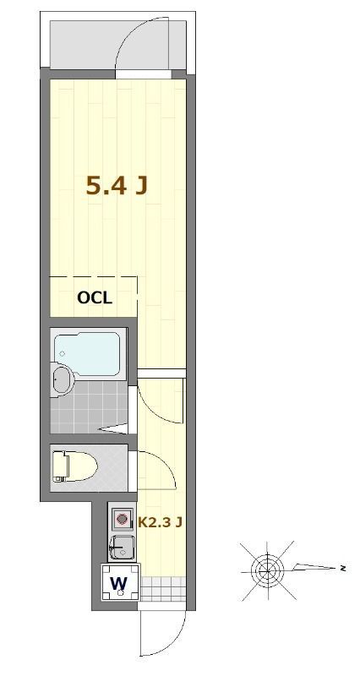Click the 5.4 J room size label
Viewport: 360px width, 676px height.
click(x=117, y=186)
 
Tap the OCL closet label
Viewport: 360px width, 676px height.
click(x=95, y=298)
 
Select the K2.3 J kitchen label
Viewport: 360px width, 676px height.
click(x=161, y=522)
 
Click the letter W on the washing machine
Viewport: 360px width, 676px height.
click(x=119, y=583)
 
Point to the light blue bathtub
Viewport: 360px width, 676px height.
click(x=88, y=353)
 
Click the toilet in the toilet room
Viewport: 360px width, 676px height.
click(x=74, y=466)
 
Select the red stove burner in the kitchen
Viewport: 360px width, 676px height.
click(x=123, y=519)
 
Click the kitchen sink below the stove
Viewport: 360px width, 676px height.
click(x=122, y=547)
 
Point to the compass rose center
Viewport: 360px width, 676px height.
click(x=267, y=570)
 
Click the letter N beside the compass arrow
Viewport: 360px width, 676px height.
click(x=343, y=569)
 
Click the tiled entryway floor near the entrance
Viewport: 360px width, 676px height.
click(x=163, y=588)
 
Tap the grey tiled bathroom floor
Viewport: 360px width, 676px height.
click(x=89, y=407)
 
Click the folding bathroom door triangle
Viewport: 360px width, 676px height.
click(x=114, y=428)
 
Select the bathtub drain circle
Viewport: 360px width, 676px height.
click(x=63, y=353)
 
